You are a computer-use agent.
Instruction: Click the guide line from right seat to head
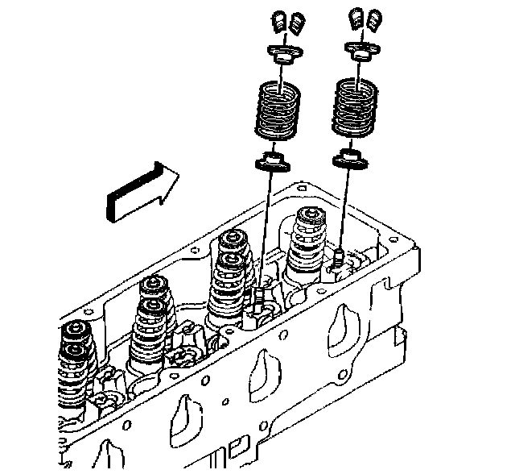click(x=345, y=210)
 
